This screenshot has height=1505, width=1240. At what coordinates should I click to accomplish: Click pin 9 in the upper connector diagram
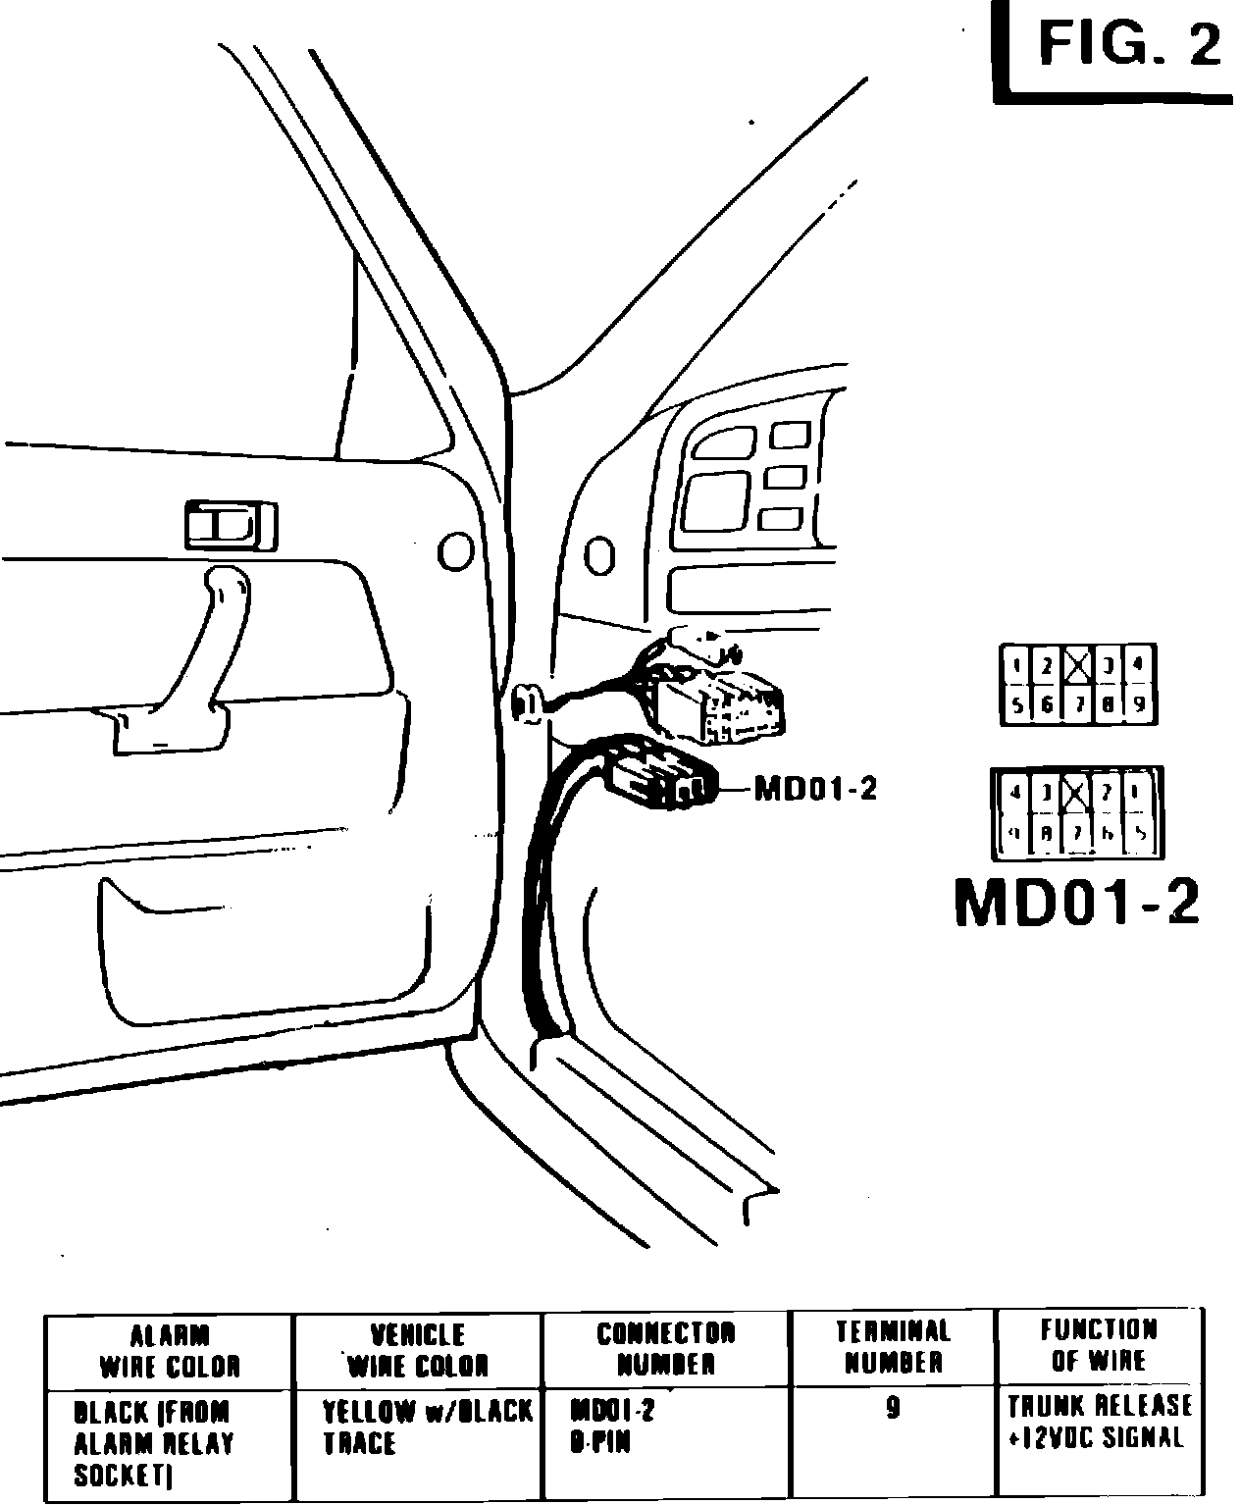(1139, 703)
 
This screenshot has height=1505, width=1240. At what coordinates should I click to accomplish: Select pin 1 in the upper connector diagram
(1017, 667)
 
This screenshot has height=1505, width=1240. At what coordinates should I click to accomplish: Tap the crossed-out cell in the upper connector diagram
(1078, 667)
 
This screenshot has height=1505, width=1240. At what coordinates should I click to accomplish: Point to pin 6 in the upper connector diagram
(1048, 703)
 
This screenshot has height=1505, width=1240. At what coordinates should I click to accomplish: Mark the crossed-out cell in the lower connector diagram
(1076, 793)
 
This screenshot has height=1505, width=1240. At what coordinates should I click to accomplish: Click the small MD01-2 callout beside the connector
(814, 789)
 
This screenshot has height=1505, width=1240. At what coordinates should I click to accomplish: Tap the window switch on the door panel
(231, 525)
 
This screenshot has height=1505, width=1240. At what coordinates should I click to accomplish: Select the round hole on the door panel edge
(455, 551)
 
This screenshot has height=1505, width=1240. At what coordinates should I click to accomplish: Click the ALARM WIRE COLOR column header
(170, 1351)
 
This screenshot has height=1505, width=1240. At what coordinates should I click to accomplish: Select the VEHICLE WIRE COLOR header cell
(418, 1350)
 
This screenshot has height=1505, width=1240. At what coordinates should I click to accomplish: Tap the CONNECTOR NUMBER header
(666, 1348)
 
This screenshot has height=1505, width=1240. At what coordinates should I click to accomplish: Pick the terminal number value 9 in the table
(893, 1410)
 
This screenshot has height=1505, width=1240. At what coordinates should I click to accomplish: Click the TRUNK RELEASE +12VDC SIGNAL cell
(1099, 1422)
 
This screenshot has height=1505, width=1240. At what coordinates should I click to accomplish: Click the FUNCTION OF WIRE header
(1099, 1345)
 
